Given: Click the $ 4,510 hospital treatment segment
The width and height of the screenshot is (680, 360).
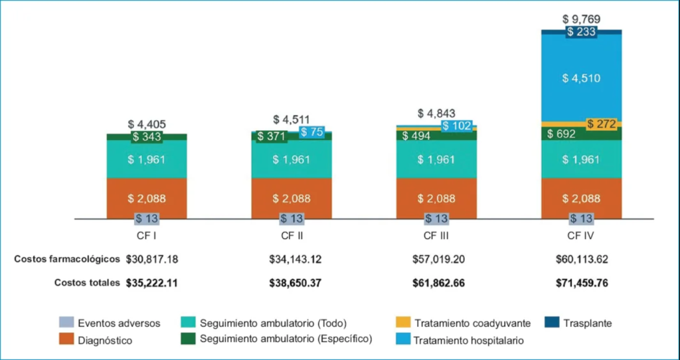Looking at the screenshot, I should pyautogui.click(x=582, y=78).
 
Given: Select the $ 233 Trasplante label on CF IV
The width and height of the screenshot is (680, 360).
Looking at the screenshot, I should pyautogui.click(x=582, y=31).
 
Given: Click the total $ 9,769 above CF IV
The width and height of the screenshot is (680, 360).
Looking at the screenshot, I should pyautogui.click(x=582, y=19).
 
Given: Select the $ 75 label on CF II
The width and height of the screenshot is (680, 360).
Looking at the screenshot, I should pyautogui.click(x=312, y=132).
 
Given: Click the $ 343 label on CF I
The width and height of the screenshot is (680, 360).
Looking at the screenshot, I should pyautogui.click(x=146, y=137).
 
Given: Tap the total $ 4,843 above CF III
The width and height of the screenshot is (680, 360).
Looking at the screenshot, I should pyautogui.click(x=436, y=114).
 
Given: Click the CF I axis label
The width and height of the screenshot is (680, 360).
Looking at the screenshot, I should pyautogui.click(x=146, y=235).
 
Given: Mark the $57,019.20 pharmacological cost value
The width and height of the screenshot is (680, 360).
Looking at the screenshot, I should pyautogui.click(x=436, y=258).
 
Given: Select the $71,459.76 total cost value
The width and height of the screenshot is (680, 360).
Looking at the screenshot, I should pyautogui.click(x=582, y=282).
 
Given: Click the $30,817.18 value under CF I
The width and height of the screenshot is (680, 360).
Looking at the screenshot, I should pyautogui.click(x=151, y=258).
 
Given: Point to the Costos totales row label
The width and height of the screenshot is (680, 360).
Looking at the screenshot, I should pyautogui.click(x=87, y=282).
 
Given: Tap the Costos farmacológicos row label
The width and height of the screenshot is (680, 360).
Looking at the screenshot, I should pyautogui.click(x=67, y=258).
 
